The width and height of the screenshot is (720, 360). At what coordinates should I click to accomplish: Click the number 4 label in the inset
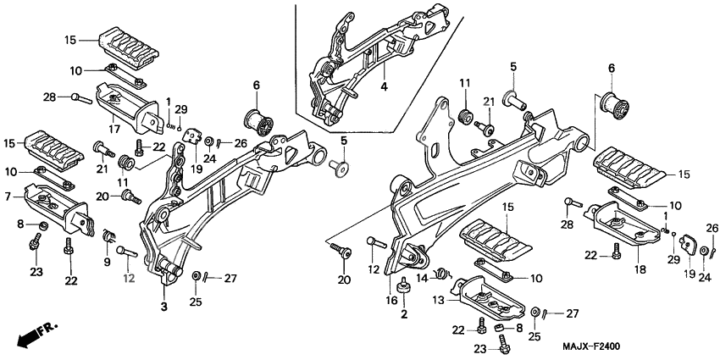[383, 88]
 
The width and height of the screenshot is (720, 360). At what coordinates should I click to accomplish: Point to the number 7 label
[7, 197]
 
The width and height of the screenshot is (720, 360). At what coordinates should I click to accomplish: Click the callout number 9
[107, 262]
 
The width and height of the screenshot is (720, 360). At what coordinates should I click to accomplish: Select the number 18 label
[640, 269]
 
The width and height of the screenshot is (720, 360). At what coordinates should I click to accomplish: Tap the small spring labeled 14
[441, 273]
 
